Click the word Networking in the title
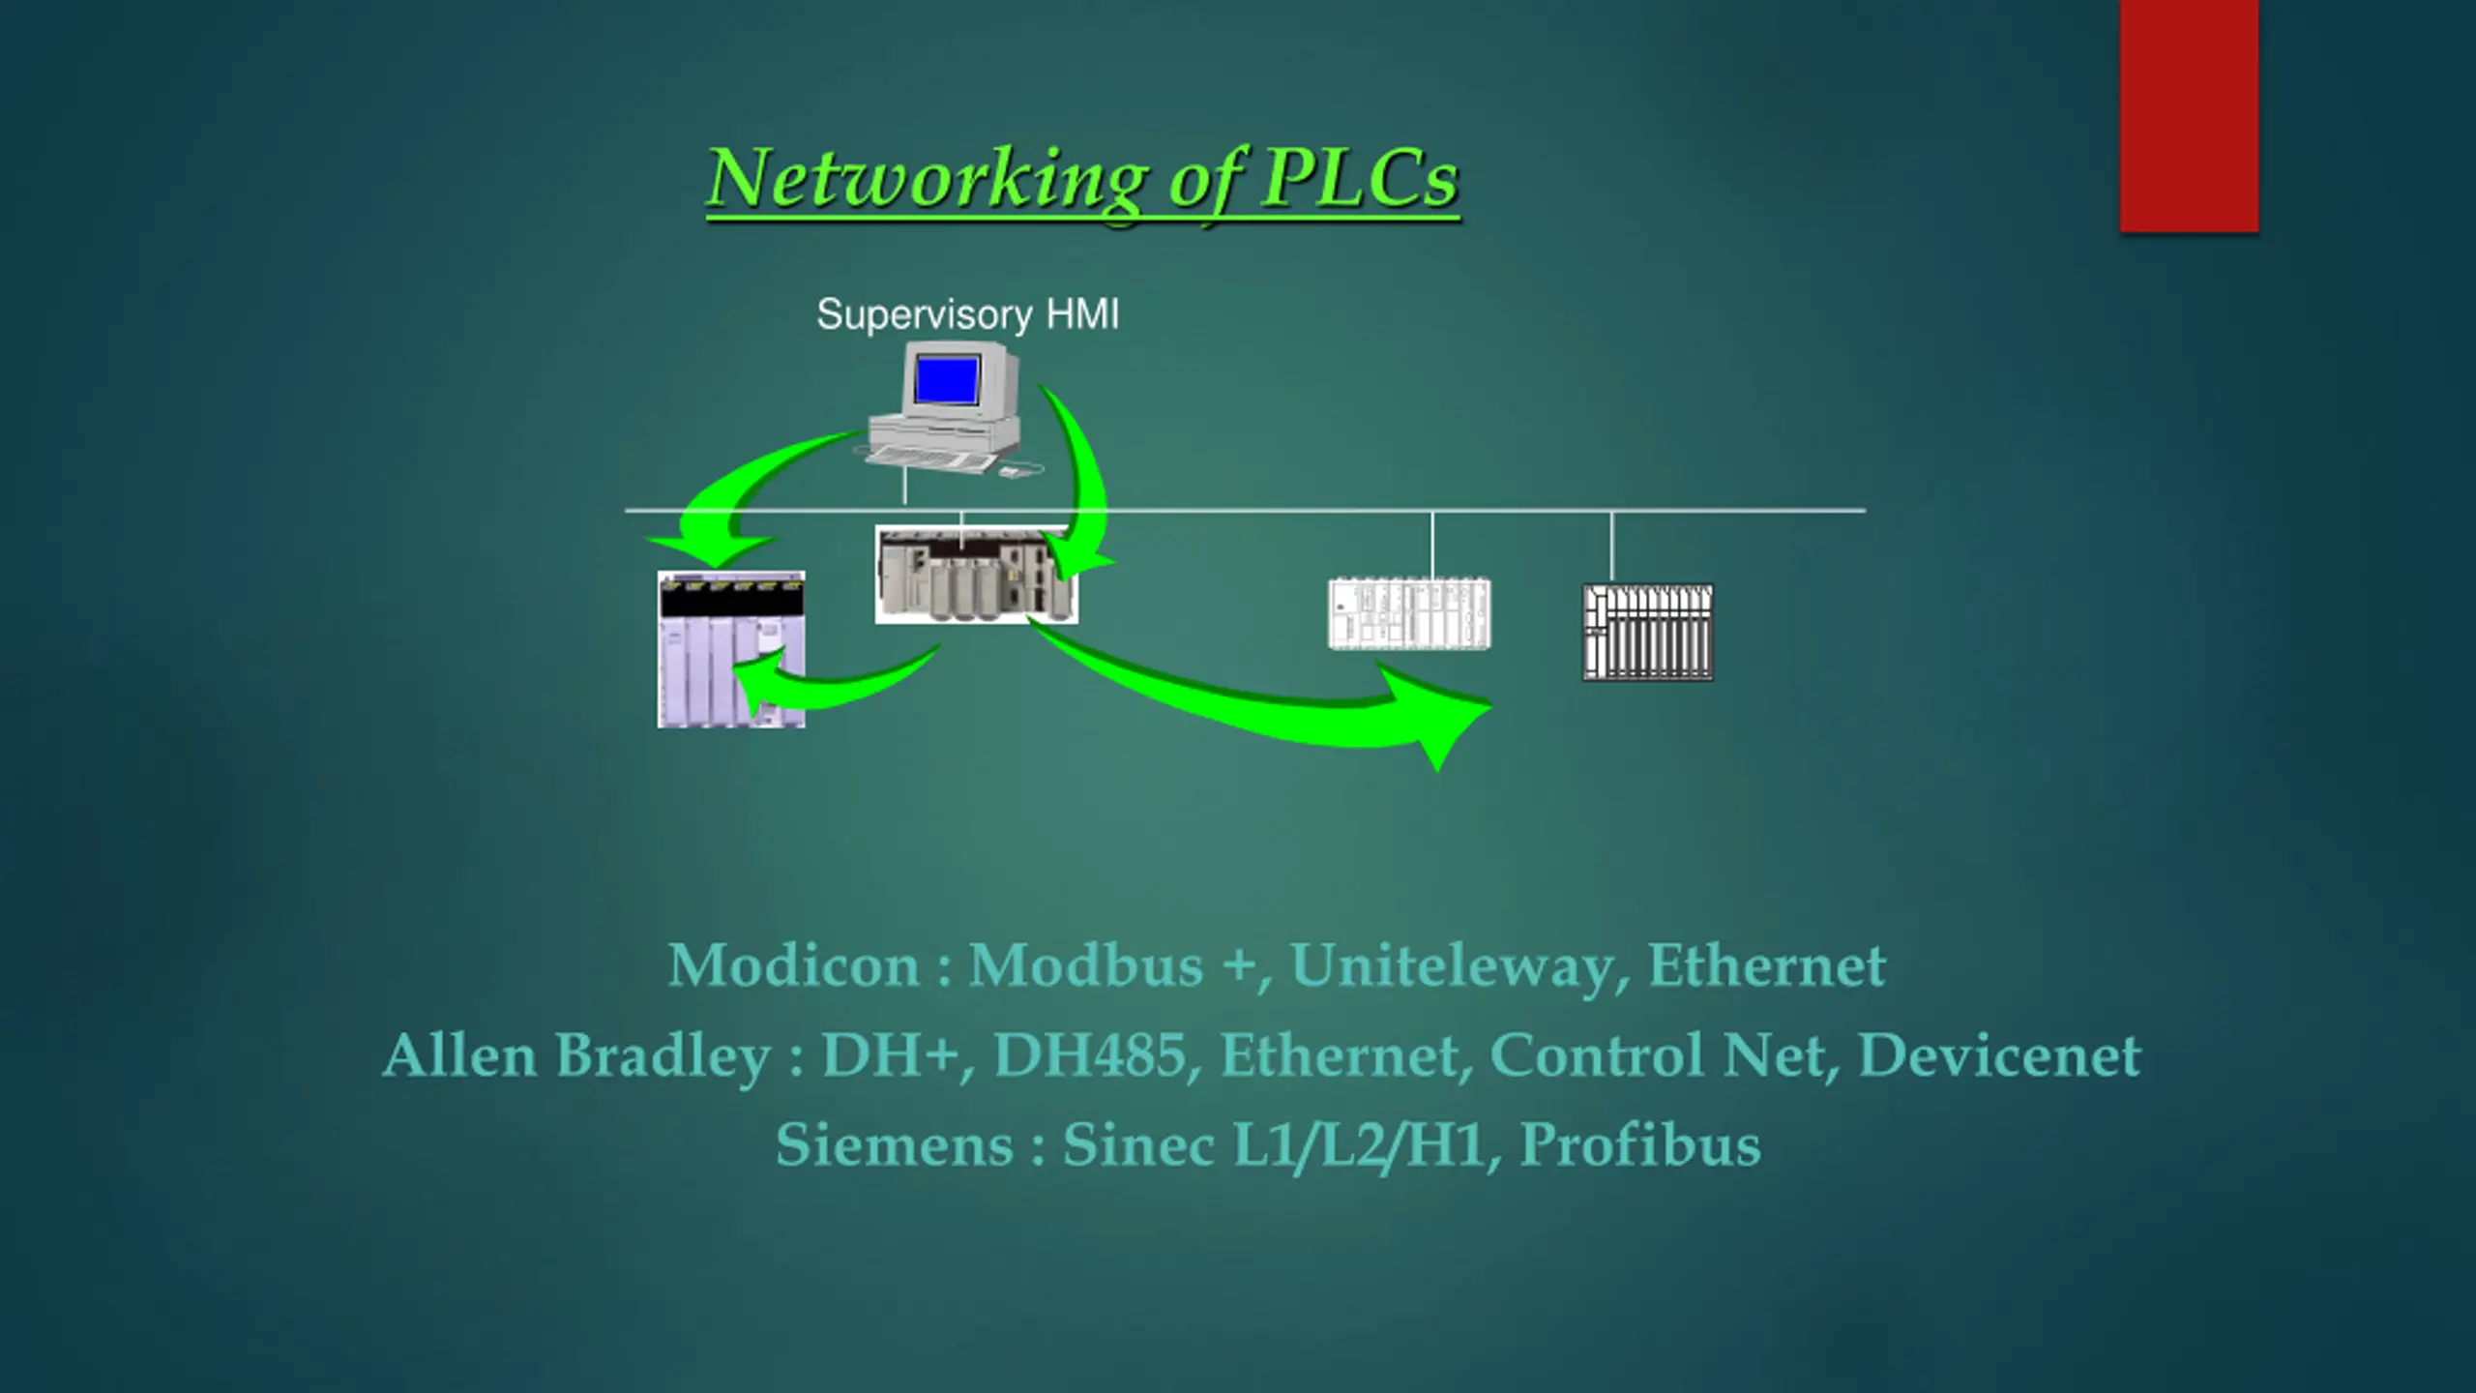click(927, 179)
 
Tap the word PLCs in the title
click(1360, 179)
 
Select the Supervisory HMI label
click(967, 314)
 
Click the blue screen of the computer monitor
click(947, 378)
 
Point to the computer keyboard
click(929, 459)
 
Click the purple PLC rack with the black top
click(730, 649)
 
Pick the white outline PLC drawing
click(1409, 614)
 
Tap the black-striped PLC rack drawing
click(1647, 633)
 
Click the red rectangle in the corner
click(2189, 116)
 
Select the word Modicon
click(793, 965)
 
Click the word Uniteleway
click(1452, 965)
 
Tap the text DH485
click(1090, 1054)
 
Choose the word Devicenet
click(1998, 1054)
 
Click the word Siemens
click(894, 1144)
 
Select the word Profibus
click(1639, 1144)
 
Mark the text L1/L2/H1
click(1359, 1144)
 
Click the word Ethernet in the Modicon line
click(1766, 965)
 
